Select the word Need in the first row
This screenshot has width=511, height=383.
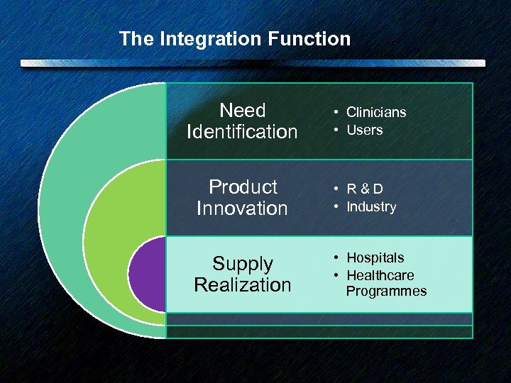point(243,111)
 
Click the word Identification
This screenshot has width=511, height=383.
point(242,132)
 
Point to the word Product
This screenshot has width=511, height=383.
point(243,187)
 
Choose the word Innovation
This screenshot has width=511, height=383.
point(242,209)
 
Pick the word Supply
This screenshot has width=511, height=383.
point(243,264)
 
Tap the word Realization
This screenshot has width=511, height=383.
point(243,285)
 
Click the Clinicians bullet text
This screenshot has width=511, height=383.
point(376,112)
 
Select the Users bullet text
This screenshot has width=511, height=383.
point(364,130)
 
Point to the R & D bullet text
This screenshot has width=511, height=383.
point(365,189)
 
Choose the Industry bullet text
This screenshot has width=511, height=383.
point(371,206)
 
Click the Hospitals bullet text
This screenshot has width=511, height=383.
point(375,257)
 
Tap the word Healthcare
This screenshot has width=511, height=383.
point(380,275)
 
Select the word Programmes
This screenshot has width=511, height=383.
point(386,292)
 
